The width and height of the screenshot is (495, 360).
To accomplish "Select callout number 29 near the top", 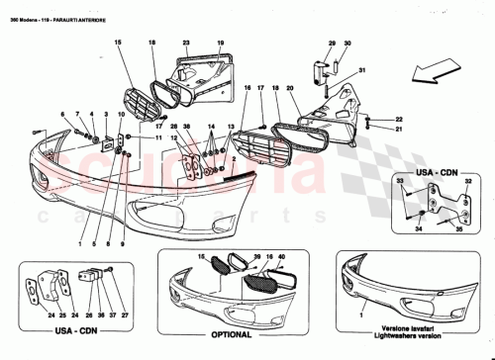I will [332, 43].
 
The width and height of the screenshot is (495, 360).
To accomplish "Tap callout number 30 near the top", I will [347, 43].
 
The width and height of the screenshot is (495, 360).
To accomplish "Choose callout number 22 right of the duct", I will [371, 118].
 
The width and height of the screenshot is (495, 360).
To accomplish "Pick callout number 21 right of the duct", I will [371, 129].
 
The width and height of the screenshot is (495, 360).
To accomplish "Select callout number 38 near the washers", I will [185, 127].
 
